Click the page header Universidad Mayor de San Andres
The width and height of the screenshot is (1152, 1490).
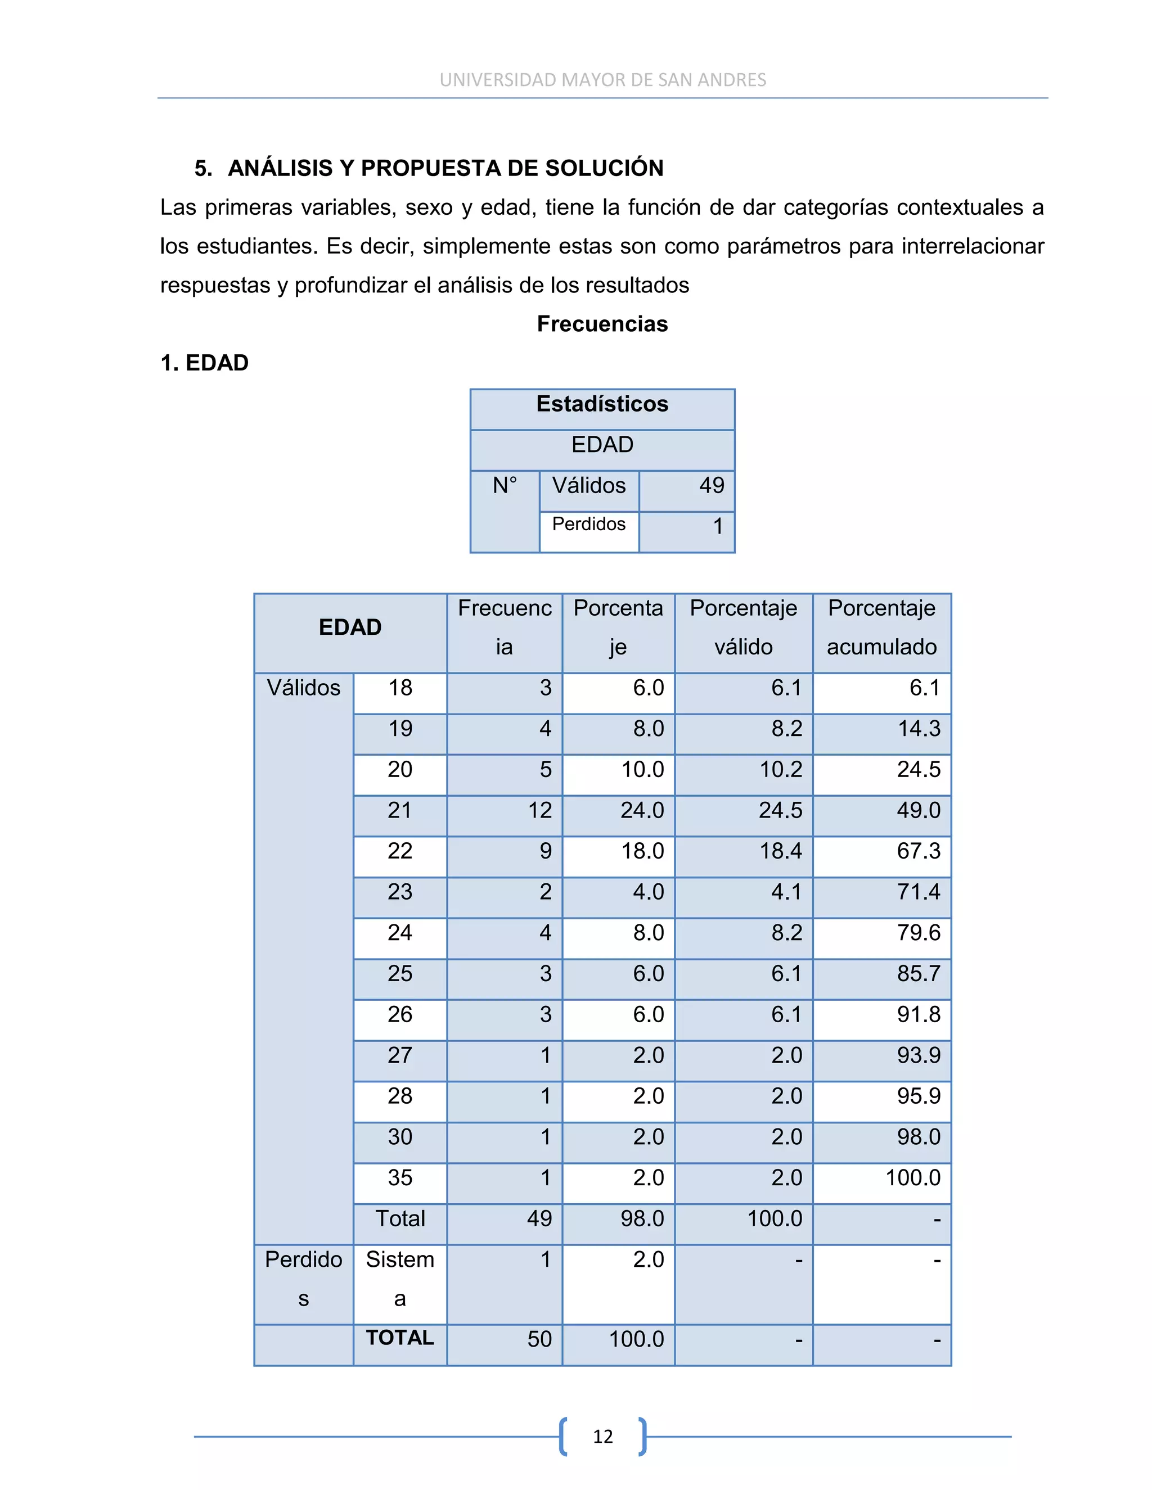[x=602, y=80]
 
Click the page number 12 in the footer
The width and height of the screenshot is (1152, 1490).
[x=602, y=1436]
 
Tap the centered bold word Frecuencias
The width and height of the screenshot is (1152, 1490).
[x=602, y=323]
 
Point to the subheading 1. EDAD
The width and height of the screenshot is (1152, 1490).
[x=204, y=363]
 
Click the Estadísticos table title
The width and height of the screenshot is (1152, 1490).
[x=602, y=404]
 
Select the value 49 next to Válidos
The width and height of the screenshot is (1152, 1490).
[x=711, y=485]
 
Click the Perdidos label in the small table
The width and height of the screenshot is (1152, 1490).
[x=588, y=524]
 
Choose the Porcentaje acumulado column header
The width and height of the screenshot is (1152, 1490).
[x=881, y=627]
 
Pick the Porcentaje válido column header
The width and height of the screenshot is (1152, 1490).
[x=743, y=627]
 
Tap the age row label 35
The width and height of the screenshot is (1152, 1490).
[x=400, y=1177]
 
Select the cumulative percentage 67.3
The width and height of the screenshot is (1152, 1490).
[x=918, y=851]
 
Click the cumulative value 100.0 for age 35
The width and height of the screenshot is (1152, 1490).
[x=912, y=1177]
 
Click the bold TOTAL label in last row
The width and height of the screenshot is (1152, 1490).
[x=400, y=1338]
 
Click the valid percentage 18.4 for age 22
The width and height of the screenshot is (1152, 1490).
[x=781, y=851]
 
